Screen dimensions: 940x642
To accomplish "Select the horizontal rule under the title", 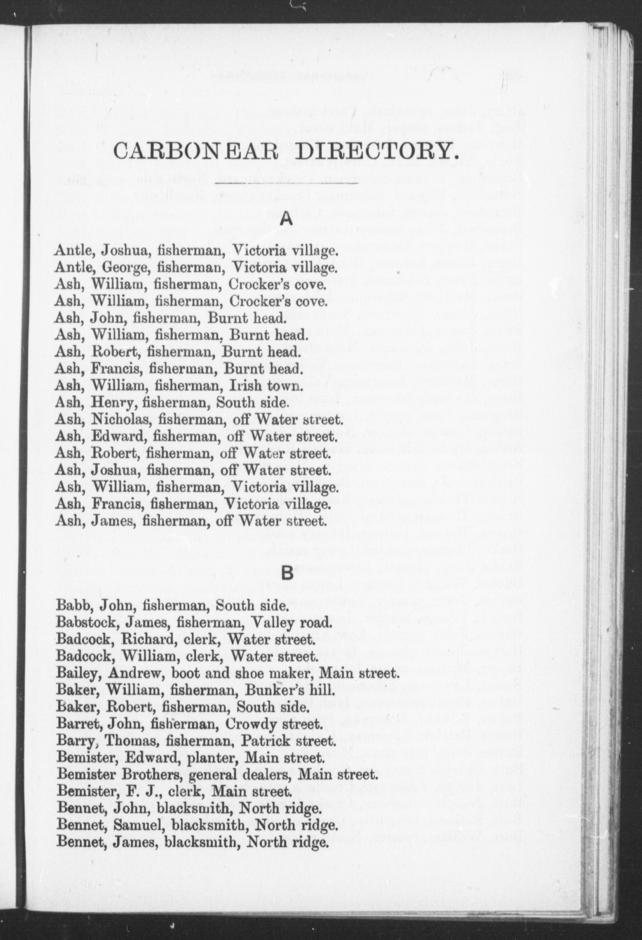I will pos(287,183).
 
